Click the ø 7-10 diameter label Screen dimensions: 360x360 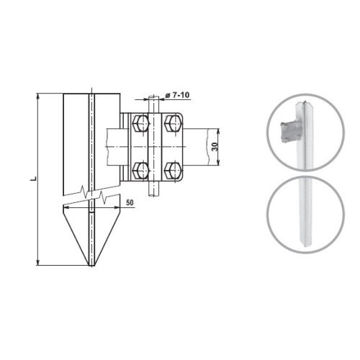(x=177, y=95)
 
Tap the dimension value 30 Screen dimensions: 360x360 (x=215, y=147)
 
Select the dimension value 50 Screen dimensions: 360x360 (x=130, y=202)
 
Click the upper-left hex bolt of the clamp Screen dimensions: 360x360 (x=140, y=123)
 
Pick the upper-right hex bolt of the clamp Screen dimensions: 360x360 (x=172, y=123)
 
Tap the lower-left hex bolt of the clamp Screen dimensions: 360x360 (x=140, y=171)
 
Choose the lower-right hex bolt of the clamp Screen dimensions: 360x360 (x=172, y=171)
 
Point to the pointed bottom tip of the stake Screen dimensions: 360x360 (x=91, y=265)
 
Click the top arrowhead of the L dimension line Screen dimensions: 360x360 (x=37, y=96)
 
